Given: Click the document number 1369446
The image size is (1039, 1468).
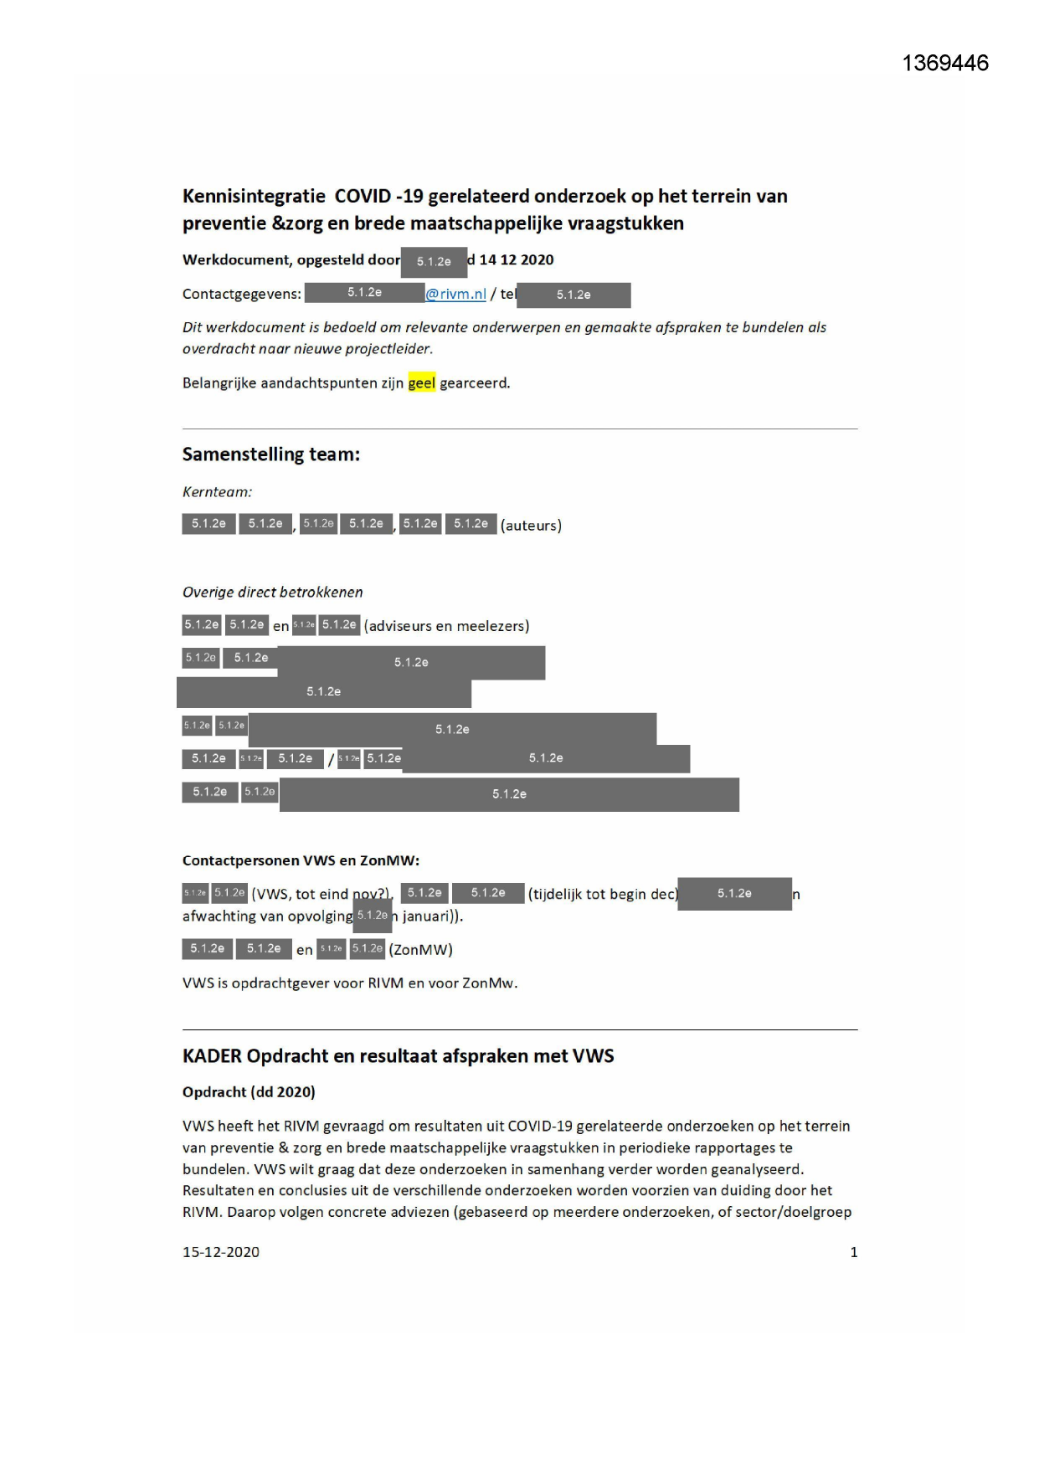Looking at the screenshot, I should point(945,64).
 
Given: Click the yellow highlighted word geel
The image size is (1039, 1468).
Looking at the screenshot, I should point(422,383).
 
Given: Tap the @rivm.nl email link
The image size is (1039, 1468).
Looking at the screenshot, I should point(456,294).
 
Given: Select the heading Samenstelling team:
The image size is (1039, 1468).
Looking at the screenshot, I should point(271,454).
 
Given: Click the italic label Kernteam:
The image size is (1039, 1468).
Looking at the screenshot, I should point(217,492).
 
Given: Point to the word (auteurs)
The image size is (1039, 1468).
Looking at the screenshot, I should point(531,526).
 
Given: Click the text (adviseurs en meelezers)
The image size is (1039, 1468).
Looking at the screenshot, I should point(446,626).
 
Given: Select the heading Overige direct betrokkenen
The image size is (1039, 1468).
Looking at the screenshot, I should point(273,593).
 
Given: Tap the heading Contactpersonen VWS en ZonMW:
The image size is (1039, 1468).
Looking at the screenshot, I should point(301,860).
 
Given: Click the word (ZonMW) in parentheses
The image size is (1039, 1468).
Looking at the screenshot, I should point(420,950).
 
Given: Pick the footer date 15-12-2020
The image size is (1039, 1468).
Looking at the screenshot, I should point(221,1252).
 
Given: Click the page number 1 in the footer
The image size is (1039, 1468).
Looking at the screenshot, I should point(854,1252).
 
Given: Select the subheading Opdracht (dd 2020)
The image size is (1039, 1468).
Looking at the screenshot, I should point(249,1092).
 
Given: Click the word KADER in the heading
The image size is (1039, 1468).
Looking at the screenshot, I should point(212,1056).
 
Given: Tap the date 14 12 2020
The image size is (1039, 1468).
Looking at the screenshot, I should point(516,260).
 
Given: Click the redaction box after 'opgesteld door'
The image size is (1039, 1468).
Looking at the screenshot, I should point(434,262).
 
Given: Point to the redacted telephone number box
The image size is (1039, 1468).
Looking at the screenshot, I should point(574,295).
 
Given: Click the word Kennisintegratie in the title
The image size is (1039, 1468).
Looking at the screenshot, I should point(254,197).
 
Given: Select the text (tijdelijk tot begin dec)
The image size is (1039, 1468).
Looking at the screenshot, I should point(602,895).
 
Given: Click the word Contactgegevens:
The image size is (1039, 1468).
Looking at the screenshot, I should point(242,295).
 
